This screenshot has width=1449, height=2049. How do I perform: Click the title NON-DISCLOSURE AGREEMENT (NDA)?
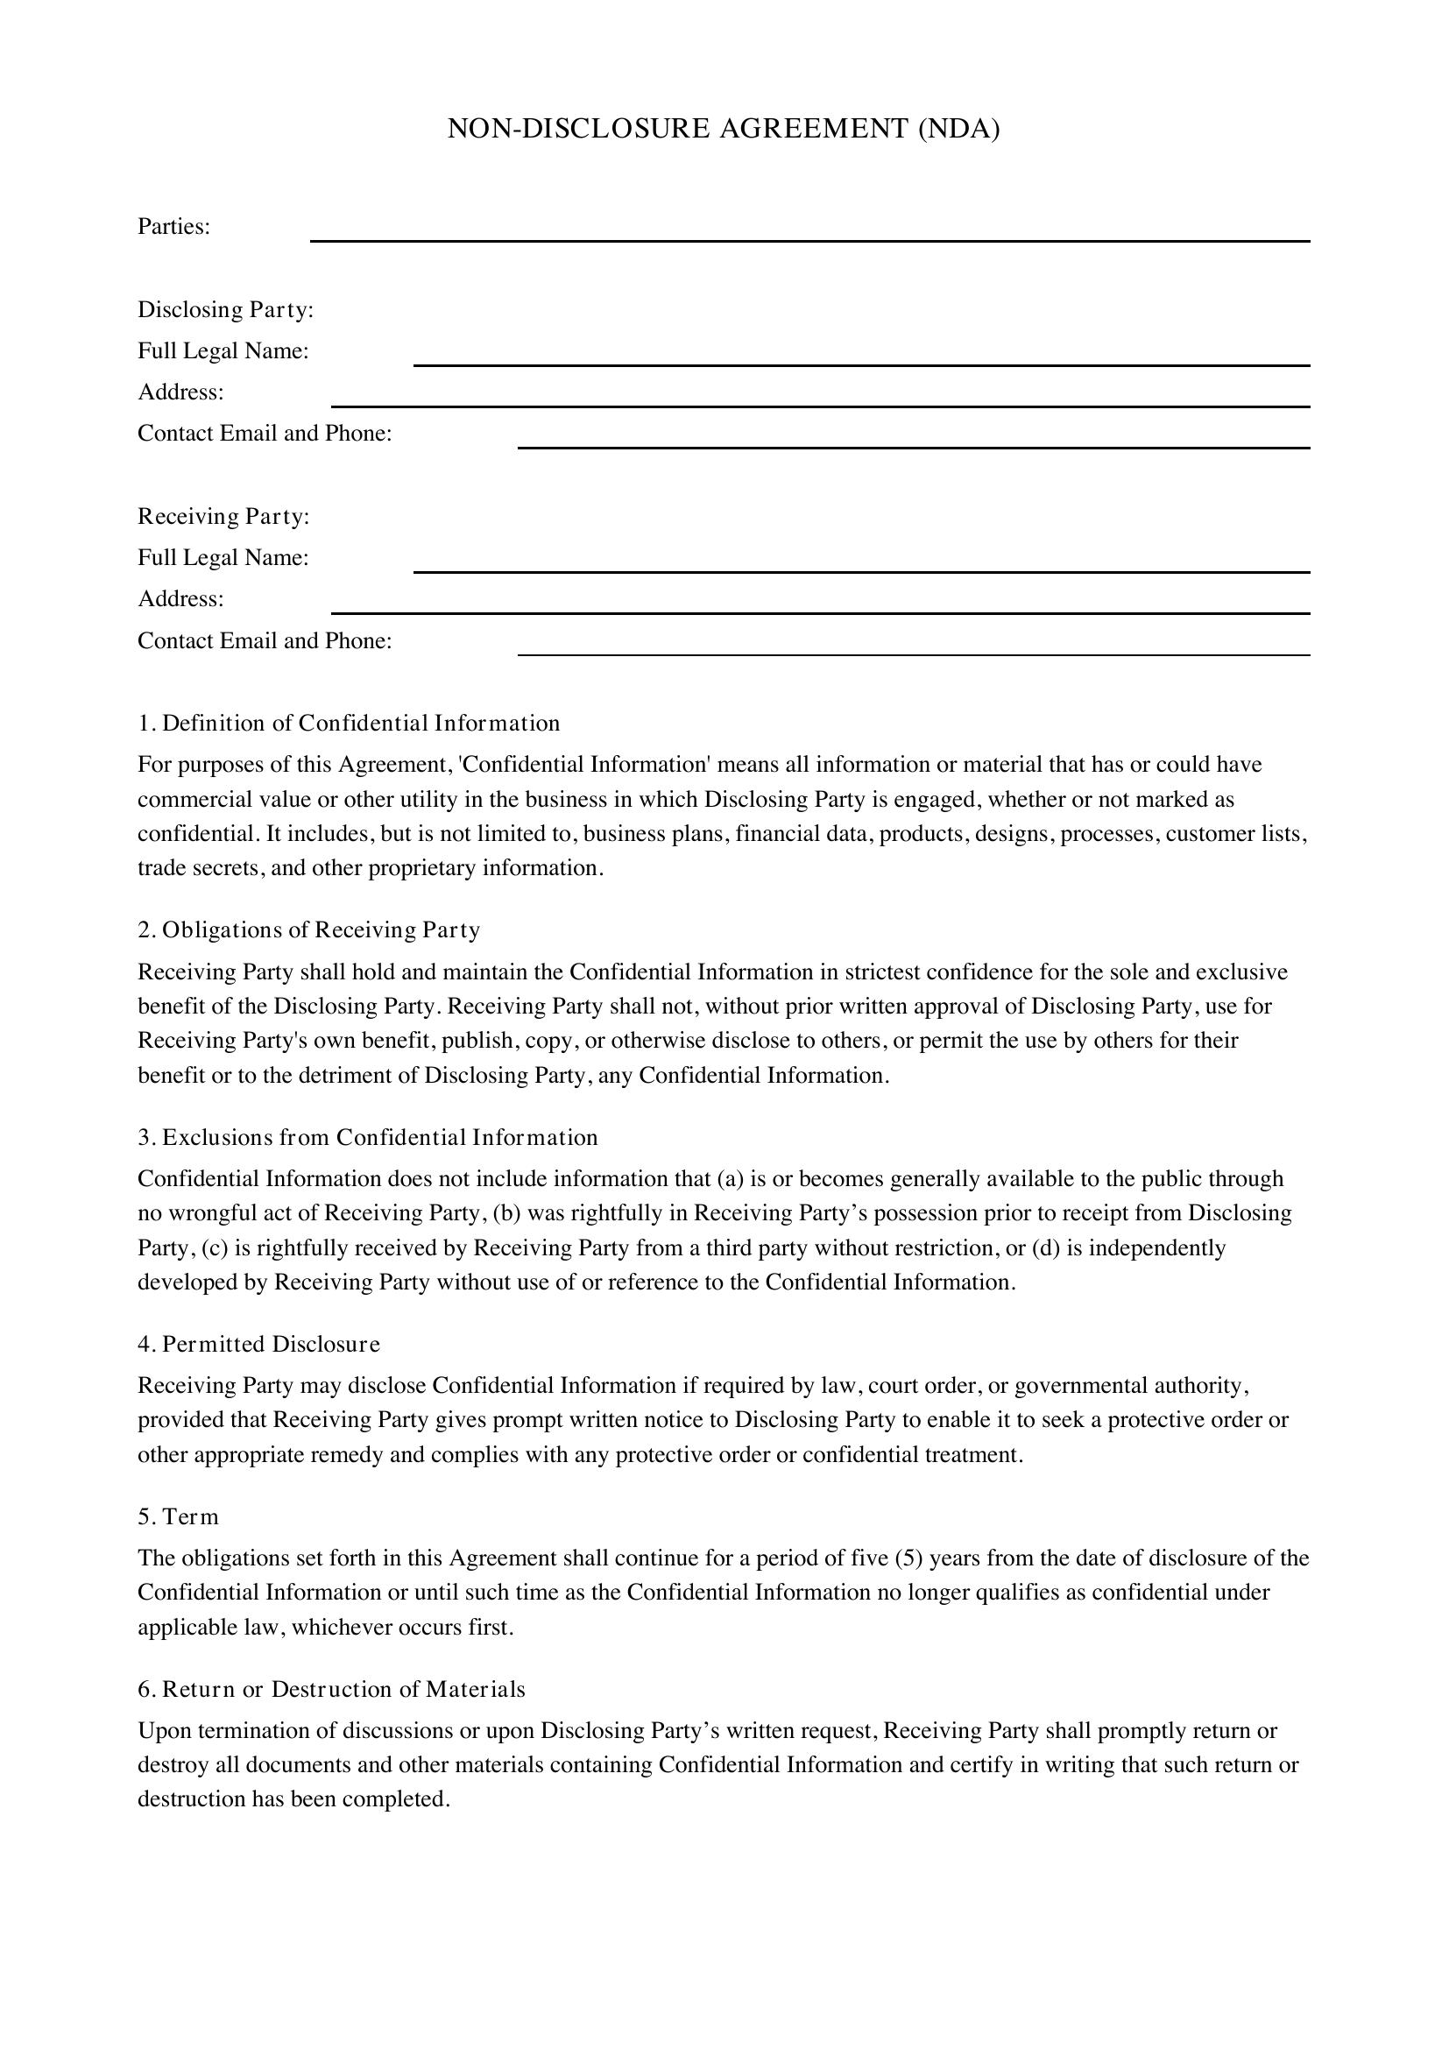coord(723,130)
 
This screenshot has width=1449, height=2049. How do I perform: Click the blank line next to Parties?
coord(809,234)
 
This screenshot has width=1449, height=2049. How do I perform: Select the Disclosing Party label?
coord(225,309)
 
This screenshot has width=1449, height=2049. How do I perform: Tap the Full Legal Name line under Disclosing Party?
coord(861,358)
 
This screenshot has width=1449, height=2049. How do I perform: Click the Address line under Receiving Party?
coord(820,606)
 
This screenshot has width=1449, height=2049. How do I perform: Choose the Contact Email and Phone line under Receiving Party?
coord(913,648)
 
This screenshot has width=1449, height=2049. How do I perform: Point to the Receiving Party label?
coord(223,517)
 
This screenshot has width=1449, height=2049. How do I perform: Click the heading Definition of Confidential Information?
coord(360,723)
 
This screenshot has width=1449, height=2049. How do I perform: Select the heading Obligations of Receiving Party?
coord(321,930)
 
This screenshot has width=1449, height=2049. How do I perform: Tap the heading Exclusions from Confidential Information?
coord(379,1137)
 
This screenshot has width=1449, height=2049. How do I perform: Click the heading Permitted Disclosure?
coord(271,1344)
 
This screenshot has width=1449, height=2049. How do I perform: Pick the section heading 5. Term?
coord(178,1516)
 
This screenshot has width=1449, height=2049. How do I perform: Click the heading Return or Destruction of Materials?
coord(343,1688)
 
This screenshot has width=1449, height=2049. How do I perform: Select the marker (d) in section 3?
coord(1046,1247)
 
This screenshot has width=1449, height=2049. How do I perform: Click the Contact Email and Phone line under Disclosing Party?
coord(913,441)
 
